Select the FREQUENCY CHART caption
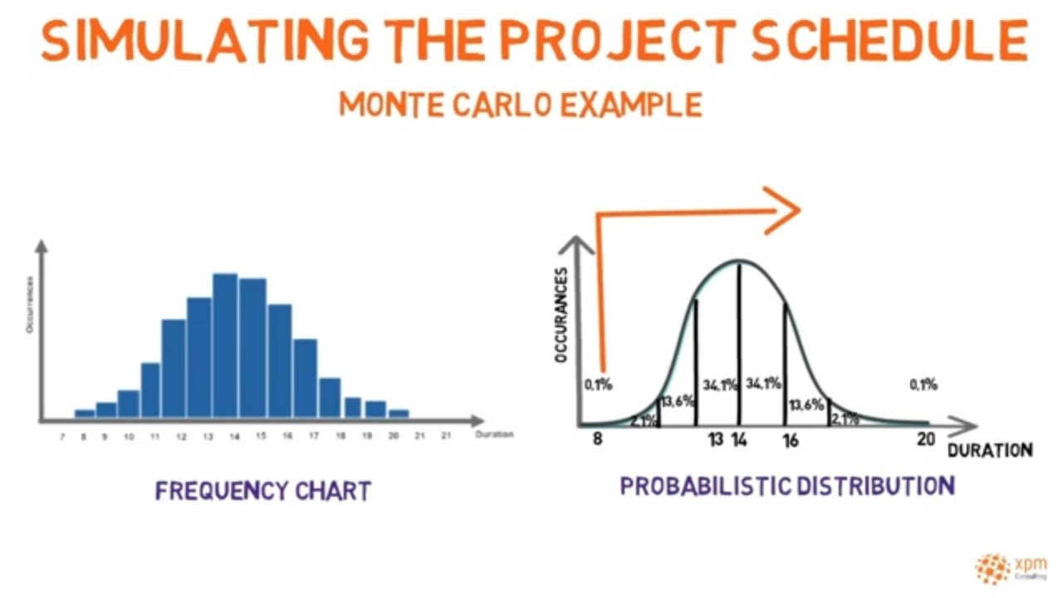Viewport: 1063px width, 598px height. point(262,491)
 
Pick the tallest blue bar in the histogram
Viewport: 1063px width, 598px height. point(226,345)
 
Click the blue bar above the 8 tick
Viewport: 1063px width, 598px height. point(85,413)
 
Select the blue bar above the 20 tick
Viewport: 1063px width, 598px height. point(399,413)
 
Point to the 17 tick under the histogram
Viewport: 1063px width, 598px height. point(313,435)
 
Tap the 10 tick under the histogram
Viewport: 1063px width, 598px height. point(129,435)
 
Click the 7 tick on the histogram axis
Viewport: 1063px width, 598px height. point(62,435)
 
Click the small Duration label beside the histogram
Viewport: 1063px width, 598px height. point(494,434)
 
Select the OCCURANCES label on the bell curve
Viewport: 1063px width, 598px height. point(562,315)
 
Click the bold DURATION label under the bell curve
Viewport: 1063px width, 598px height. point(990,451)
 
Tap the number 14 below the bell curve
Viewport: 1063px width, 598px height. point(739,440)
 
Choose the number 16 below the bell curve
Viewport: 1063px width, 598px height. point(790,440)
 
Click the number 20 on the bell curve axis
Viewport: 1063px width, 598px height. point(926,440)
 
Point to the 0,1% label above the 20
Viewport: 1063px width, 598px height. point(923,385)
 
